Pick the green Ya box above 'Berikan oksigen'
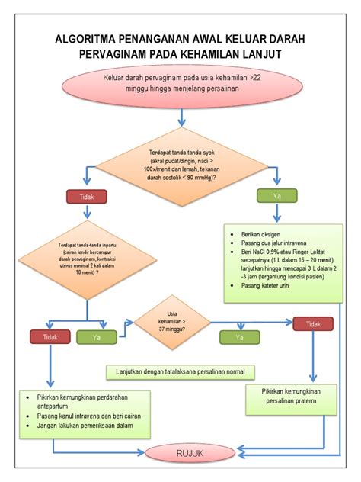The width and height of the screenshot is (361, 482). (x=275, y=196)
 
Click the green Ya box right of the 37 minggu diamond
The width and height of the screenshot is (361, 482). (x=240, y=336)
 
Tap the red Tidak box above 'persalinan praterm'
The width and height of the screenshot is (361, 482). (x=313, y=324)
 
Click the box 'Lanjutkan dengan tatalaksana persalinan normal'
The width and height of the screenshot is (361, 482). (x=180, y=371)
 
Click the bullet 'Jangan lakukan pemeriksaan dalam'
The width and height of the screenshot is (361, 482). (x=89, y=428)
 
